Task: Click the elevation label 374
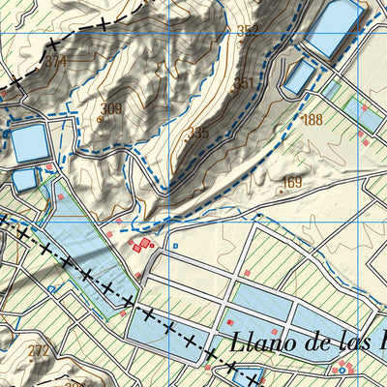click(x=55, y=62)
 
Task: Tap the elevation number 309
click(x=112, y=108)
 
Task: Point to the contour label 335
click(x=197, y=133)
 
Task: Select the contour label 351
click(x=244, y=83)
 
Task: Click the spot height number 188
click(x=312, y=120)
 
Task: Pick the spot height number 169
click(x=291, y=182)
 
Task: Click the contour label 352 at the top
click(x=248, y=31)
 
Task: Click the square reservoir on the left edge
click(x=28, y=143)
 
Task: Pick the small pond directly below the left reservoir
click(x=24, y=179)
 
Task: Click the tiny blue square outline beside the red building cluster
click(x=175, y=247)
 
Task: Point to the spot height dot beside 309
click(x=100, y=119)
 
